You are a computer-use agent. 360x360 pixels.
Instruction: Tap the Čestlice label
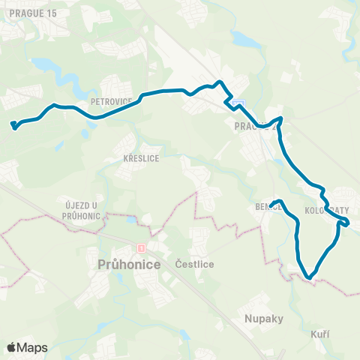click(x=194, y=264)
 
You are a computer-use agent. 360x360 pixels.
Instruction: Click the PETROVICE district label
click(x=111, y=100)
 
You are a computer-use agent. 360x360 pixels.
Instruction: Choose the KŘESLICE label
click(x=138, y=159)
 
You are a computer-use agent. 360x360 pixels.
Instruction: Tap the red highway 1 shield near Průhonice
click(x=139, y=247)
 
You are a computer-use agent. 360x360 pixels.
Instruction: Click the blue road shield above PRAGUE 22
click(x=238, y=103)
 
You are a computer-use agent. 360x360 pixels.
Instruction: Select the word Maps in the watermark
click(x=33, y=347)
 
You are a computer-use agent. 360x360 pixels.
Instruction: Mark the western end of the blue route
click(x=13, y=124)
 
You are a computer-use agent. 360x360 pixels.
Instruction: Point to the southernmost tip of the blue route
click(x=309, y=278)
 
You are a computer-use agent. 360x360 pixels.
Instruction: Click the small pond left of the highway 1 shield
click(x=131, y=221)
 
